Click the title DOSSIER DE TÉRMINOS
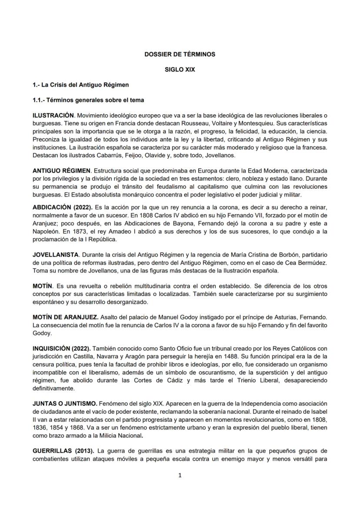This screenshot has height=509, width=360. [180, 54]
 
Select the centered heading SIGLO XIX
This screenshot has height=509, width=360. [180, 70]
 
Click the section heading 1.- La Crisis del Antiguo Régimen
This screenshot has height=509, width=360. [80, 84]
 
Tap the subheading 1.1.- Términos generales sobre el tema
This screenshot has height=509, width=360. [88, 100]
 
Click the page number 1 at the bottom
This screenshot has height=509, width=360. [180, 475]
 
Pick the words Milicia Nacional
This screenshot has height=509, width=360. [120, 436]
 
